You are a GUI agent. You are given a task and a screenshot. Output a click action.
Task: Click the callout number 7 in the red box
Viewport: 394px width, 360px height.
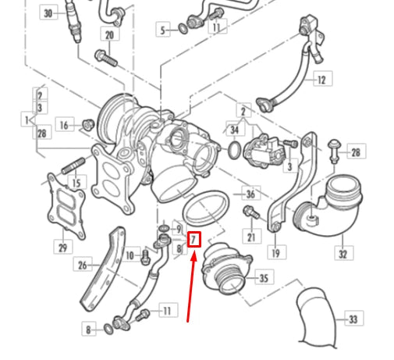point(195,238)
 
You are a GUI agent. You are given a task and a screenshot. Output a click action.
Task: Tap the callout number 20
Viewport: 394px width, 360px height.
point(108,35)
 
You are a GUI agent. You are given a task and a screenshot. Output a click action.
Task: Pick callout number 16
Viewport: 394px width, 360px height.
point(65,125)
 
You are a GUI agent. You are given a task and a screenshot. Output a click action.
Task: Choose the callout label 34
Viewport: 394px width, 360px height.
point(234,128)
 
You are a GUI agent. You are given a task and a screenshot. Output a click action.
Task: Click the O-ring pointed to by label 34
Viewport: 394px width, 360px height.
point(234,148)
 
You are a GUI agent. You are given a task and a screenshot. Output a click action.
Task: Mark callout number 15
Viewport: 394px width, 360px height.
point(76,183)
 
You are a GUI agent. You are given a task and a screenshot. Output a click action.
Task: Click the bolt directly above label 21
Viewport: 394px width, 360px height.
point(250,212)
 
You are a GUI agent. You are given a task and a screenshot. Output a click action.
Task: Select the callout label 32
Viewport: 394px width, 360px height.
point(342,254)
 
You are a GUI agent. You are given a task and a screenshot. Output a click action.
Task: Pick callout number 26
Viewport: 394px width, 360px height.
point(83,265)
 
